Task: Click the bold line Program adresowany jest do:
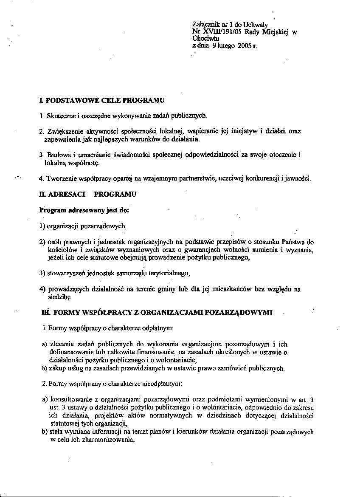click(83, 210)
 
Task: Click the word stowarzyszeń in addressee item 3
click(68, 273)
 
